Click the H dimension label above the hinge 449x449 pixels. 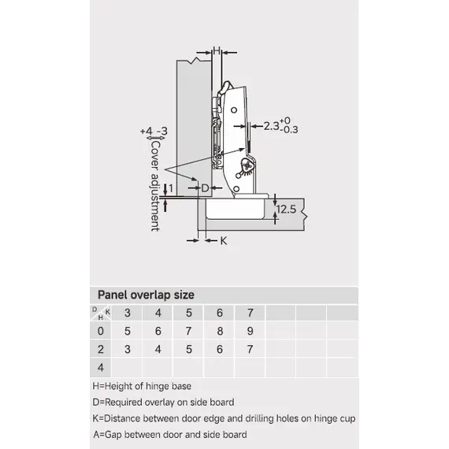click(217, 51)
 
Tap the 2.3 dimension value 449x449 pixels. click(271, 126)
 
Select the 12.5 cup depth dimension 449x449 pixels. click(287, 210)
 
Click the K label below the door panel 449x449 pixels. click(224, 241)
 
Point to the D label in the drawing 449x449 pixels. click(205, 188)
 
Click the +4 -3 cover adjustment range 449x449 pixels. click(154, 132)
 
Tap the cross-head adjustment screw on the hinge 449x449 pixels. click(247, 165)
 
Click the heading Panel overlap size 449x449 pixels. click(146, 295)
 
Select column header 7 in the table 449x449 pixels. click(250, 313)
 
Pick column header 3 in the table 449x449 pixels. click(128, 313)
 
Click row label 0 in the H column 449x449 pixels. click(101, 331)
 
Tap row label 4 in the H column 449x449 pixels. click(101, 367)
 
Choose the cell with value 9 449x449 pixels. click(250, 331)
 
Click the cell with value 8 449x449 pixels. click(220, 331)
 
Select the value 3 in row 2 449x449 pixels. click(128, 349)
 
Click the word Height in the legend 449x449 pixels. click(118, 386)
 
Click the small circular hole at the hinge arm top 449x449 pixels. click(234, 110)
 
